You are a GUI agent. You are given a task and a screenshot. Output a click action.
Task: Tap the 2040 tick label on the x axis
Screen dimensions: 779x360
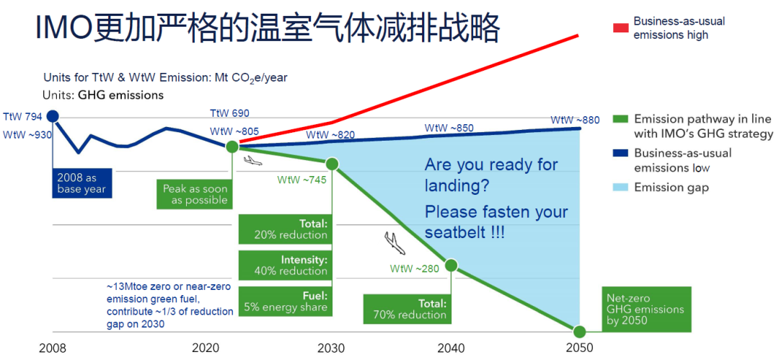(x=452, y=348)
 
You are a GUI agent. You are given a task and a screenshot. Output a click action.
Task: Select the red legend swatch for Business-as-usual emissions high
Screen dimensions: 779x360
(x=621, y=28)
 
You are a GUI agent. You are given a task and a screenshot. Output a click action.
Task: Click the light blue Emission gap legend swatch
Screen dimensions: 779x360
(x=621, y=188)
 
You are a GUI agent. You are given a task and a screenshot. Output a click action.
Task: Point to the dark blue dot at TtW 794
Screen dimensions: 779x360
(x=53, y=116)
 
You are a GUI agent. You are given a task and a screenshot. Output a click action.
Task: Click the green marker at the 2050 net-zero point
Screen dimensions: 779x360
(x=578, y=331)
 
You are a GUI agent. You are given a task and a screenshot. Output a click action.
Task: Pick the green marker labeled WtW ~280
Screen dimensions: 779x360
(x=451, y=265)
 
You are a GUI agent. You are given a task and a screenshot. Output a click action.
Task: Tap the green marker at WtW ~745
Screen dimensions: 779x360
(x=332, y=164)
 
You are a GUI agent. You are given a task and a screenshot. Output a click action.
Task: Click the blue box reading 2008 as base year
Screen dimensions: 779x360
(x=82, y=183)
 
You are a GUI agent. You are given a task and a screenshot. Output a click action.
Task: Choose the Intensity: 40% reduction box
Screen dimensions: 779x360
(x=285, y=265)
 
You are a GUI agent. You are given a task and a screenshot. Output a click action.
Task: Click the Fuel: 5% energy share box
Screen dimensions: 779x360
(x=285, y=301)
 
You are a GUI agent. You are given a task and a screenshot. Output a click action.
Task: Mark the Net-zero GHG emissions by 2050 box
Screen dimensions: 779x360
(x=646, y=309)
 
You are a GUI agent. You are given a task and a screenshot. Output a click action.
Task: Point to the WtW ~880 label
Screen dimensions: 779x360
(x=575, y=120)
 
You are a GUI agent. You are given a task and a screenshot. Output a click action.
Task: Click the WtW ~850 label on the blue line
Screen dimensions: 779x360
(x=449, y=128)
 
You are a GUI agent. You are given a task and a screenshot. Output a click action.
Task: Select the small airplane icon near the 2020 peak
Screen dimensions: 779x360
(x=253, y=160)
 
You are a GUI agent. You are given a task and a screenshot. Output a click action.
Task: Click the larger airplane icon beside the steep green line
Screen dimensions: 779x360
(x=395, y=243)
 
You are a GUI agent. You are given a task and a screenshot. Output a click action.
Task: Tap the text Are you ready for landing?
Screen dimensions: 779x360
(x=491, y=175)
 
